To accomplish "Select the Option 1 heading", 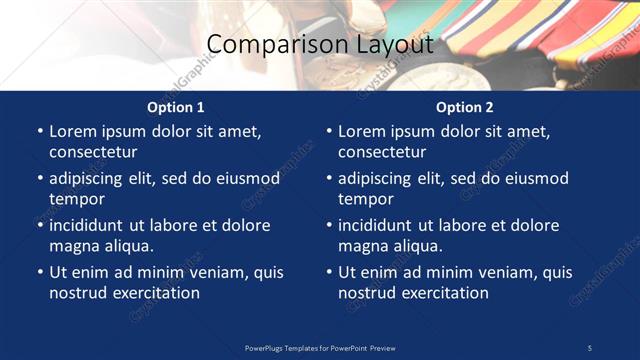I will pos(176,107).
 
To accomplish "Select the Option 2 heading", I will pos(465,107).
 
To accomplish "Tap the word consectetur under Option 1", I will pos(93,152).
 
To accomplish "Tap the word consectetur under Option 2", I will pos(382,152).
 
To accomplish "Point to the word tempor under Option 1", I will pos(76,198).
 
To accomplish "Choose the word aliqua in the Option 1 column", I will pos(128,245).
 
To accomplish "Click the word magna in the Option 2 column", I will pos(361,245).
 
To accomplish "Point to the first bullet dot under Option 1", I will pos(39,131).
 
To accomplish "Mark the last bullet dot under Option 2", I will pos(328,272).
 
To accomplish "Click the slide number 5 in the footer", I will pos(589,347).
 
